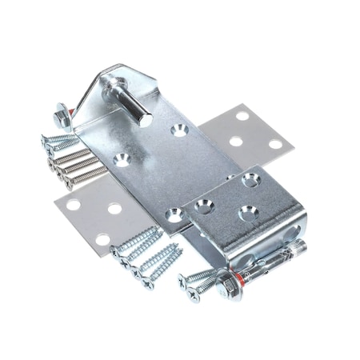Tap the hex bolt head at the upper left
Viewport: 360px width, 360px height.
pos(60,117)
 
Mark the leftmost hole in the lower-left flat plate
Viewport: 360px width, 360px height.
pos(73,205)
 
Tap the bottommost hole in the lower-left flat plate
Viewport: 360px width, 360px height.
pos(102,238)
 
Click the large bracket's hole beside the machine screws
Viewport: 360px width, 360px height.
pos(122,159)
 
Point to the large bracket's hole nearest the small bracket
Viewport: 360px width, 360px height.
pos(174,214)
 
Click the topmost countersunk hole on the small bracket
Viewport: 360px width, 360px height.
pos(250,181)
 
